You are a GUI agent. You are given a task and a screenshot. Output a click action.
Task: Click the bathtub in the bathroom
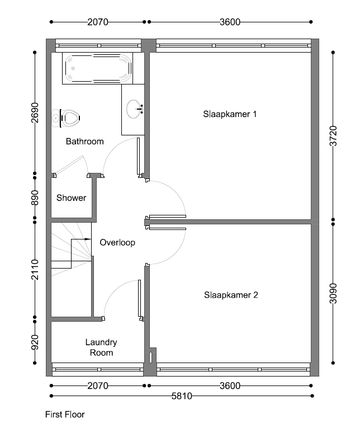point(98,68)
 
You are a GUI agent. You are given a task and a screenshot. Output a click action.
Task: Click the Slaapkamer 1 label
point(230,114)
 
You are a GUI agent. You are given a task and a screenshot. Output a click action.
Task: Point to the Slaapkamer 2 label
point(231,295)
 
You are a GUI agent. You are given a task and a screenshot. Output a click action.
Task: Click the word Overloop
point(117,242)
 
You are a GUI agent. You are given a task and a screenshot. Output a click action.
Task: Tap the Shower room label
point(71,198)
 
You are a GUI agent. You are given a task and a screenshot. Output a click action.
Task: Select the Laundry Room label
point(101,347)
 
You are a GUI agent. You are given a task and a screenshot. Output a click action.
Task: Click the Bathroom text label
point(85,141)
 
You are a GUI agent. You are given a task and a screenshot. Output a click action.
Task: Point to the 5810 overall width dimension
point(182,396)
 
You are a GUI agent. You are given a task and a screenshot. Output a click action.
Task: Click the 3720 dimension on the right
point(333,136)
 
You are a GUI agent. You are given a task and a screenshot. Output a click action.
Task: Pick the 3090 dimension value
point(333,293)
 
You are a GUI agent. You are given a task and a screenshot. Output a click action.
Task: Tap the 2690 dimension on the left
point(35,113)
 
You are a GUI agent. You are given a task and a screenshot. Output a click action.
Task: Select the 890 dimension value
point(35,198)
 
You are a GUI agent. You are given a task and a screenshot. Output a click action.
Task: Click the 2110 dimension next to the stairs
point(35,270)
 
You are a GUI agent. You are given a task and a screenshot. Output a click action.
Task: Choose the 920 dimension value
point(35,342)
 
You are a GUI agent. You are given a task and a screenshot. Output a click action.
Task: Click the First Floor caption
point(65,415)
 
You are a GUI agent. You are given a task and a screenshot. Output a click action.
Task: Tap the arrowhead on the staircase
point(88,239)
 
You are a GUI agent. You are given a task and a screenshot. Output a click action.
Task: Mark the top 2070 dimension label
point(98,22)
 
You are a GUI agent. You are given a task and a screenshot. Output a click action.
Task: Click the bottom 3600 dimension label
point(230,385)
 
